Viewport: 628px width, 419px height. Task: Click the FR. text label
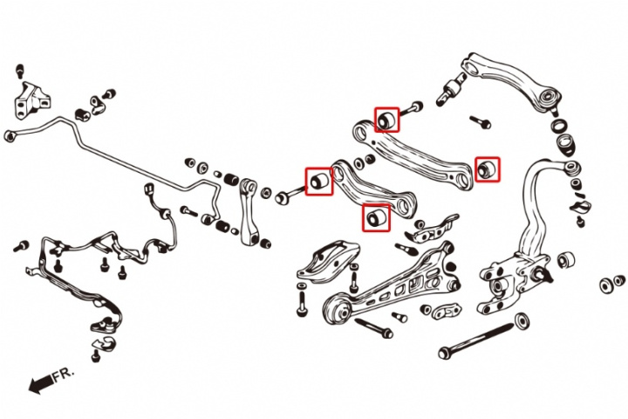pyautogui.click(x=64, y=374)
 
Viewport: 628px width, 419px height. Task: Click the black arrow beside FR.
pyautogui.click(x=41, y=384)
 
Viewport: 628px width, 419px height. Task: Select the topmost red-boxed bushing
pyautogui.click(x=386, y=119)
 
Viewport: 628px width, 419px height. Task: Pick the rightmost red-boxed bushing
pyautogui.click(x=487, y=169)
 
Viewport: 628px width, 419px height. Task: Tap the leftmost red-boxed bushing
pyautogui.click(x=319, y=182)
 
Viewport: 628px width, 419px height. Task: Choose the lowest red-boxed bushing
pyautogui.click(x=376, y=217)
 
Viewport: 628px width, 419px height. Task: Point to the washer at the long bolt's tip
pyautogui.click(x=522, y=320)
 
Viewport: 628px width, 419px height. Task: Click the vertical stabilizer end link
pyautogui.click(x=249, y=211)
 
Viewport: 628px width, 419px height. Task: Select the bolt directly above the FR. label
pyautogui.click(x=95, y=354)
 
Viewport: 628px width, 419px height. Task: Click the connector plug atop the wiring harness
pyautogui.click(x=149, y=189)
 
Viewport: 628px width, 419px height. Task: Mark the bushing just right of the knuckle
pyautogui.click(x=566, y=261)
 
